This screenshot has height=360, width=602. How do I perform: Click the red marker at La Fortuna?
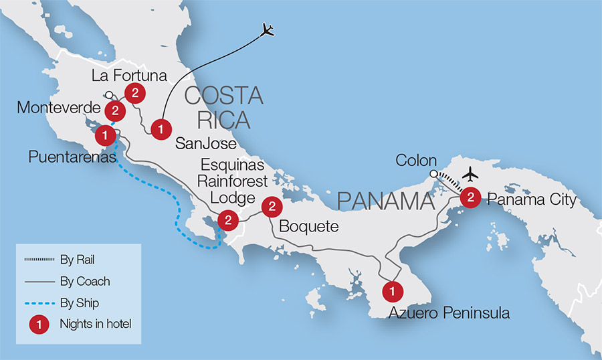point(135,94)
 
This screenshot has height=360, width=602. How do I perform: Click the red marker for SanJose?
point(160,128)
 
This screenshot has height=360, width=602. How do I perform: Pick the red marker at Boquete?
point(272,206)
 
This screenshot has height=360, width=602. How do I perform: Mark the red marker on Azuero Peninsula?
point(392,291)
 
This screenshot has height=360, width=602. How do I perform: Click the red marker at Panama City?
point(471,197)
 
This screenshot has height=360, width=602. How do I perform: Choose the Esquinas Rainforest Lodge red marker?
point(228,219)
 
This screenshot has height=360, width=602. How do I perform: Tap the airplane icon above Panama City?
point(471,174)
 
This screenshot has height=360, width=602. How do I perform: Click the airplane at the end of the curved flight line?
point(268,30)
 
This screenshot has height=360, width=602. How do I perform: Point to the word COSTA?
point(223,96)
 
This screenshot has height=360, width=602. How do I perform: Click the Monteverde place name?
point(50,108)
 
